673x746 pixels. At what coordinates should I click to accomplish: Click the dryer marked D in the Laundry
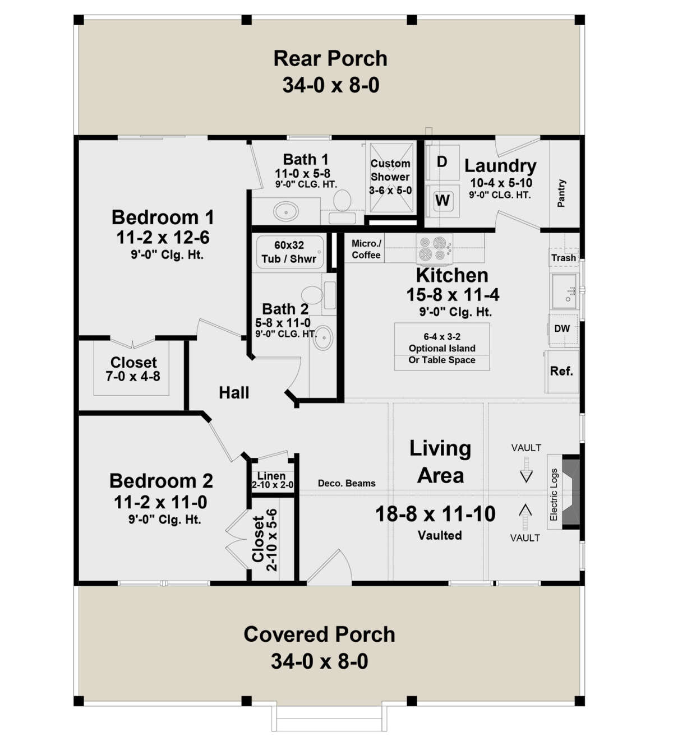(x=442, y=162)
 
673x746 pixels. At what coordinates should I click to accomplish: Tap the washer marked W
(x=442, y=201)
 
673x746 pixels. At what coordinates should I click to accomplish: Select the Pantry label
(x=561, y=193)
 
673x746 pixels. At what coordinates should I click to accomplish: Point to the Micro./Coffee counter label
(x=366, y=249)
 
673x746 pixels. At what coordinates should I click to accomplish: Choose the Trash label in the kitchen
(x=564, y=258)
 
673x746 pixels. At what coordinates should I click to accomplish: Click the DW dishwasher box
(x=563, y=330)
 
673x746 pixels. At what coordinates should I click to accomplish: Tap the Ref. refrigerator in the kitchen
(x=562, y=372)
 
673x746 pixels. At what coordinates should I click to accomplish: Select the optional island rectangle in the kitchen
(x=442, y=346)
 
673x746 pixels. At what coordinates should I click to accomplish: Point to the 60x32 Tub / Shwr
(x=289, y=252)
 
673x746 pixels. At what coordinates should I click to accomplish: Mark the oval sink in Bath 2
(x=323, y=337)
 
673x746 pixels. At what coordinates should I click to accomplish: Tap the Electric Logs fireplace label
(x=554, y=494)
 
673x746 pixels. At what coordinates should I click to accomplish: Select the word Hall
(x=234, y=392)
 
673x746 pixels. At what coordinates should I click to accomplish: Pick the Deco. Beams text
(x=347, y=483)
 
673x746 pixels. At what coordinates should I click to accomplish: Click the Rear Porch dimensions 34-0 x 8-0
(x=331, y=85)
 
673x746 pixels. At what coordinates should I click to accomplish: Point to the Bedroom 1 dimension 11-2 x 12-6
(x=163, y=237)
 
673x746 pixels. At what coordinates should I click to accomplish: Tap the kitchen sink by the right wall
(x=564, y=291)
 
